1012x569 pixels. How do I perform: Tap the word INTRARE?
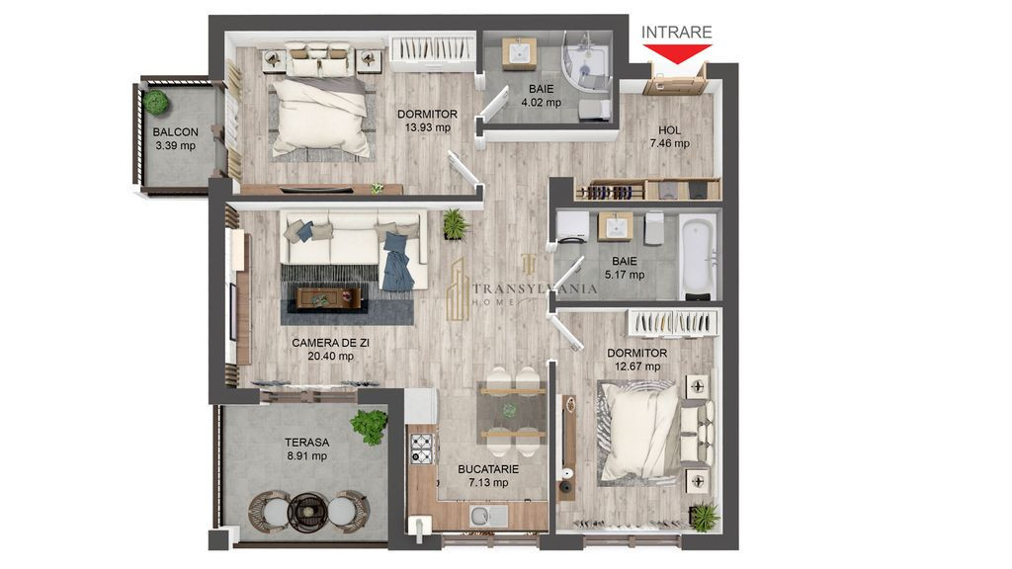point(676,33)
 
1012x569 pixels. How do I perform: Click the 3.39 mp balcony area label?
point(175,146)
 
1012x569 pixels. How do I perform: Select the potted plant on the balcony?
point(154,101)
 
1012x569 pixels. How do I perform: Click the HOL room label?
point(669,129)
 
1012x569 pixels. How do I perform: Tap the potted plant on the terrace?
point(369,425)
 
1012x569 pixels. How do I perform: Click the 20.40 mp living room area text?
point(330,357)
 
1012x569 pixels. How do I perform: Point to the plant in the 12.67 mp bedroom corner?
point(703,515)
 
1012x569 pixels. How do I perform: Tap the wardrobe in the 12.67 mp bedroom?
point(673,322)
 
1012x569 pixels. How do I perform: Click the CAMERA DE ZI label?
point(330,343)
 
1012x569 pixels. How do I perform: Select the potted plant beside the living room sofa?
point(454,223)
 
